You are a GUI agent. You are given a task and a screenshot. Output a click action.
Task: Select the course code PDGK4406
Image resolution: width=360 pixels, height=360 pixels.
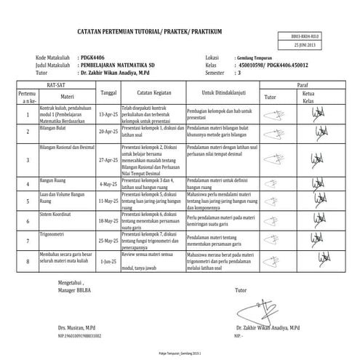tap(93, 56)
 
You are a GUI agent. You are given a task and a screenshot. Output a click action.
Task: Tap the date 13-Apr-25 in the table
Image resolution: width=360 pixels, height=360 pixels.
tap(107, 115)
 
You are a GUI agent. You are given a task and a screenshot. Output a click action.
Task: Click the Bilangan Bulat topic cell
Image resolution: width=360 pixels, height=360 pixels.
tap(55, 127)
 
